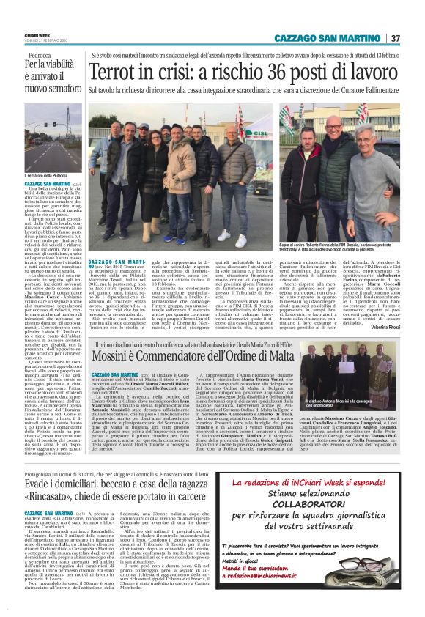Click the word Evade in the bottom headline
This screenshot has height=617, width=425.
pos(38,485)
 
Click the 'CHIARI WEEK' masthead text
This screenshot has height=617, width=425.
pos(32,34)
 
